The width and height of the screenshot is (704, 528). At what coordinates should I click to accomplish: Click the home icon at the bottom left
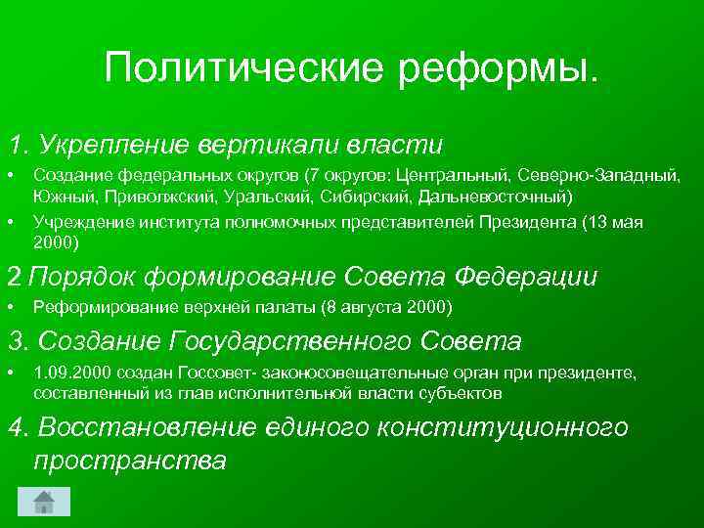44,502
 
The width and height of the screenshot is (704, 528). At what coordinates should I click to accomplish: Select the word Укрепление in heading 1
115,145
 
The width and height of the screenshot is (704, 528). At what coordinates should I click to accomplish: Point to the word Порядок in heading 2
82,277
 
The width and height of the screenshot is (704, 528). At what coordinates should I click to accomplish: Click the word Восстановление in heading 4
146,427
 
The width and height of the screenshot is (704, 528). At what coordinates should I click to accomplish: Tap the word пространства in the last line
130,460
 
